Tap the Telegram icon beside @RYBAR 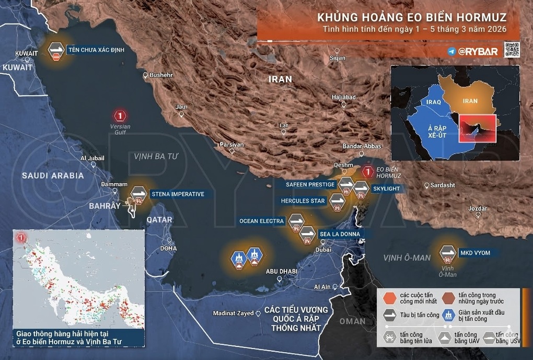[451, 51]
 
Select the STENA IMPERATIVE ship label [177, 194]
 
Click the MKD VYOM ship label [475, 253]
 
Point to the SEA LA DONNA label [339, 235]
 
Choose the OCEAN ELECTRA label [262, 221]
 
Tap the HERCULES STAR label [303, 201]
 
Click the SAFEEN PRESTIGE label [310, 184]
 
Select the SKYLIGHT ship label [386, 188]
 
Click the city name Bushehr [160, 75]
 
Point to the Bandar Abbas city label [362, 147]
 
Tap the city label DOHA [168, 248]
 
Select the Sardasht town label [442, 185]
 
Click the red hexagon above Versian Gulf [121, 115]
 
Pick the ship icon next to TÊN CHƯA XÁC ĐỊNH [56, 51]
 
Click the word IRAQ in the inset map [433, 102]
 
